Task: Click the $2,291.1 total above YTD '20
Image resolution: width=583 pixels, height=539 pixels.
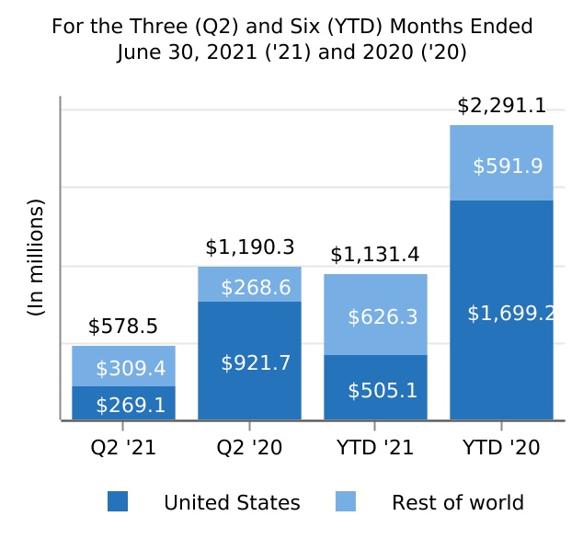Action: tap(501, 107)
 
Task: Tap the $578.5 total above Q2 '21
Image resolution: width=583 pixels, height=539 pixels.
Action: tap(123, 327)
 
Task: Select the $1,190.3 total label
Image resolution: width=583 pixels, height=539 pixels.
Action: tap(249, 247)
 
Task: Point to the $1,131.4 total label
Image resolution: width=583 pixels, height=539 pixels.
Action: tap(375, 255)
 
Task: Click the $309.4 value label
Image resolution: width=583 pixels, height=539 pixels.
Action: tap(131, 369)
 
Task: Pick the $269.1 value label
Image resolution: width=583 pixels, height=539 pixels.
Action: tap(131, 405)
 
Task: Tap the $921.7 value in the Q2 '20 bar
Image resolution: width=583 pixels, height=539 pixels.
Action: tap(256, 363)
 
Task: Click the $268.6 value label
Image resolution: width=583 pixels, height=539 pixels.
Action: tap(256, 288)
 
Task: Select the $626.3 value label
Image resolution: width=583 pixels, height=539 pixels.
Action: tap(383, 317)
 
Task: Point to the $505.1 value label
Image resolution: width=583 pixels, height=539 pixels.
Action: tap(383, 391)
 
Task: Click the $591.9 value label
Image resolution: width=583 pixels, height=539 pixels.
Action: tap(508, 166)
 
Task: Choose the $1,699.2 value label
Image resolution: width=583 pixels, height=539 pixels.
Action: tap(510, 314)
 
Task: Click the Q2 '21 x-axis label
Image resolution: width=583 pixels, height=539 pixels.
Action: tap(123, 449)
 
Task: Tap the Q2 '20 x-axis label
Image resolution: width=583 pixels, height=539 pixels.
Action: tap(249, 449)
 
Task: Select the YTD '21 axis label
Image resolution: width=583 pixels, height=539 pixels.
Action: tap(375, 449)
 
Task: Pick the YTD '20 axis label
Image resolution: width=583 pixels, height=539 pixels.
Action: tap(501, 449)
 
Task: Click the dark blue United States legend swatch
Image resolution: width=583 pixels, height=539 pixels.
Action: tap(118, 502)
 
